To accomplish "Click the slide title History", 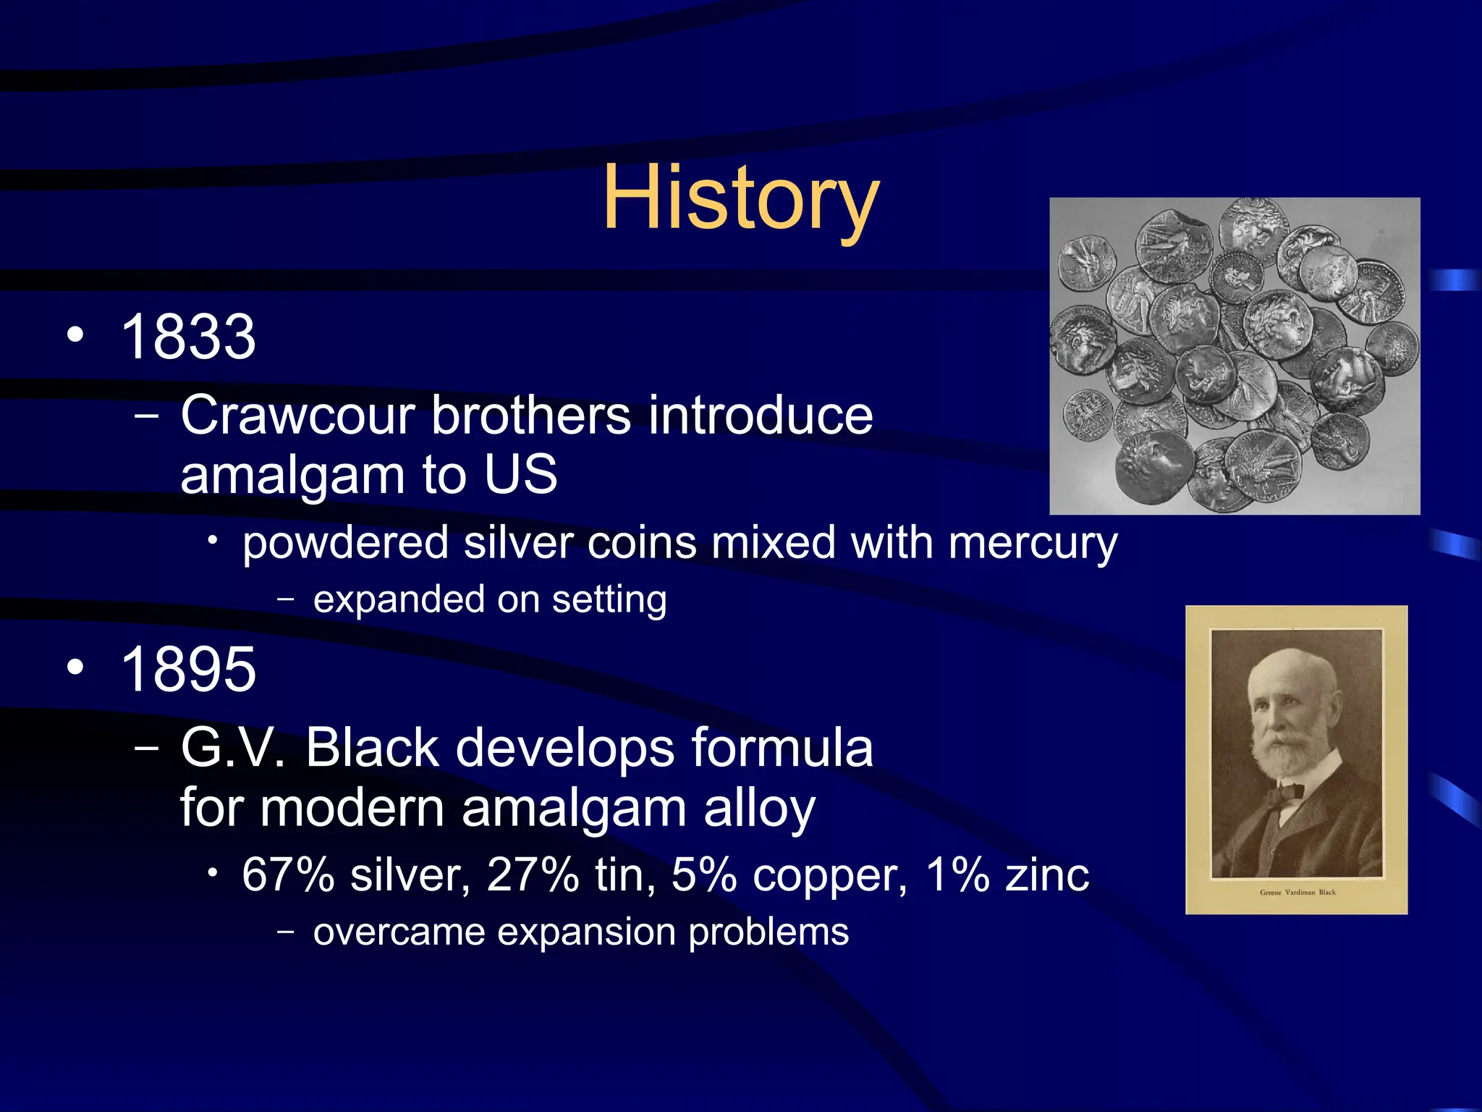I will point(740,197).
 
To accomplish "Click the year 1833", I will point(188,337).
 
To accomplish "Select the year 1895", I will point(188,670).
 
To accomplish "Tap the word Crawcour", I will point(297,416).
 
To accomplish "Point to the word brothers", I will point(532,416).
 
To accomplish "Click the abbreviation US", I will point(521,475).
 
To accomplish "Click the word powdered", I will point(345,543).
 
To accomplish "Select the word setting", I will point(609,600).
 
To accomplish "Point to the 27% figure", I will point(533,875).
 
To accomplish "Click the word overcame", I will point(399,932).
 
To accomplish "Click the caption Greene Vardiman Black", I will point(1297,893).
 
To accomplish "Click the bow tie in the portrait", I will point(1285,793).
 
